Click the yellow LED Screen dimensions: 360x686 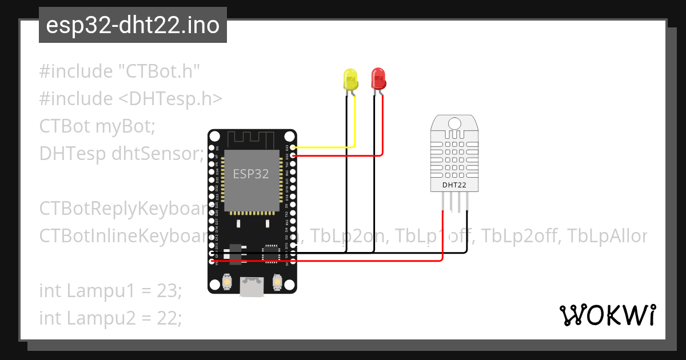(x=350, y=79)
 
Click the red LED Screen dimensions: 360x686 (x=378, y=78)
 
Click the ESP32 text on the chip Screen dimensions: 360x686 (x=250, y=174)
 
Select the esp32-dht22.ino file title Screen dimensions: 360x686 (x=133, y=26)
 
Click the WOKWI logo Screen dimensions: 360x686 (x=607, y=315)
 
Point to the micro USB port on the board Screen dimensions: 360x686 (x=252, y=287)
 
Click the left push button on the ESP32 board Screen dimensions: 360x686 (x=228, y=283)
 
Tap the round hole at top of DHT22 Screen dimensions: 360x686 (x=454, y=123)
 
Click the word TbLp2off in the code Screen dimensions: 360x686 (x=517, y=235)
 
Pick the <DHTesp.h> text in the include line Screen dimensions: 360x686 (x=170, y=98)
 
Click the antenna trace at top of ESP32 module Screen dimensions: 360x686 (x=252, y=138)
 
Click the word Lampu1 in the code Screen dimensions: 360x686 (x=99, y=291)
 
